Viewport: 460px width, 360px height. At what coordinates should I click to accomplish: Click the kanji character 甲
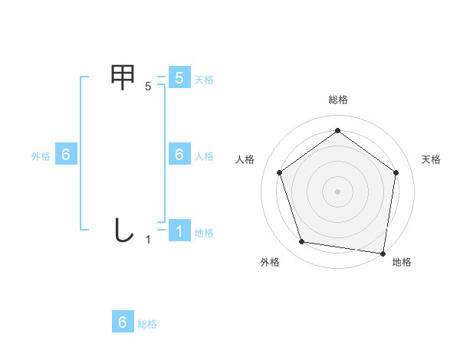pyautogui.click(x=123, y=77)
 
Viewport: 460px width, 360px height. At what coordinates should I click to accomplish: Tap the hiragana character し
pyautogui.click(x=123, y=230)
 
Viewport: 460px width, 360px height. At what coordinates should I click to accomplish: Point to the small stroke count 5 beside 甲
pyautogui.click(x=148, y=87)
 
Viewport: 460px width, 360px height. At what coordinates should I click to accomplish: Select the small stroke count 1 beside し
pyautogui.click(x=148, y=240)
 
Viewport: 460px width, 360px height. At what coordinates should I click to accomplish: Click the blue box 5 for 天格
pyautogui.click(x=179, y=78)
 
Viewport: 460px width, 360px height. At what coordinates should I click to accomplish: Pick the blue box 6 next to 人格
pyautogui.click(x=179, y=155)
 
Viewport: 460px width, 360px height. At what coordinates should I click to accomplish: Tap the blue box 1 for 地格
pyautogui.click(x=179, y=231)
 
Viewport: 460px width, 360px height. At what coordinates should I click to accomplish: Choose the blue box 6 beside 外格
pyautogui.click(x=66, y=155)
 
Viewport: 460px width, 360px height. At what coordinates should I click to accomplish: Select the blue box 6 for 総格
pyautogui.click(x=123, y=322)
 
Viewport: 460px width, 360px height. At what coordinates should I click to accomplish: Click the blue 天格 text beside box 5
pyautogui.click(x=204, y=80)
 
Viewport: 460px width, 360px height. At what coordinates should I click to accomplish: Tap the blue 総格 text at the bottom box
pyautogui.click(x=147, y=324)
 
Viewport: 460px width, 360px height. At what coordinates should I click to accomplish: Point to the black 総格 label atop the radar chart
pyautogui.click(x=337, y=100)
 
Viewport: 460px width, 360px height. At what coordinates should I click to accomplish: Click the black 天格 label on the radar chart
pyautogui.click(x=431, y=159)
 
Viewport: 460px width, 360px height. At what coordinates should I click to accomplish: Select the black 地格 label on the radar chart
pyautogui.click(x=402, y=262)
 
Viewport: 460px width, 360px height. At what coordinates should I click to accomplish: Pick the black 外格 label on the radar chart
pyautogui.click(x=270, y=262)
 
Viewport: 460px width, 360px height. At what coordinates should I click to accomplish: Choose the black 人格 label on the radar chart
pyautogui.click(x=245, y=159)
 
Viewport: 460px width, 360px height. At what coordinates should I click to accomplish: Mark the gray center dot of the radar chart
pyautogui.click(x=337, y=191)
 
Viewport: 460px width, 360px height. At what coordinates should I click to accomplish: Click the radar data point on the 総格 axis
pyautogui.click(x=337, y=131)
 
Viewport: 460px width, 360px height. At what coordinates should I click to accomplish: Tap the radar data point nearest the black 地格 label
pyautogui.click(x=383, y=253)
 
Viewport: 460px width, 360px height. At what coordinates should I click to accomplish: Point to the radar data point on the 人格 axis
pyautogui.click(x=280, y=172)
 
